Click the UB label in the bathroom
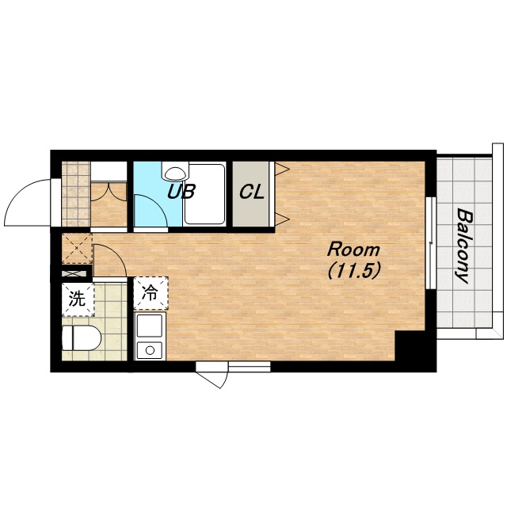181,192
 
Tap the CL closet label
252,193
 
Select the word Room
353,250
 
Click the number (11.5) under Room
353,270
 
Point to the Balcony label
464,246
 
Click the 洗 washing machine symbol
78,299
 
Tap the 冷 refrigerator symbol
151,293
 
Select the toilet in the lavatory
81,338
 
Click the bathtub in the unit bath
204,194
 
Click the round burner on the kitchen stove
150,350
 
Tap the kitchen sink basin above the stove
150,326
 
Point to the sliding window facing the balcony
430,242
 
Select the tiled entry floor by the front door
76,194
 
